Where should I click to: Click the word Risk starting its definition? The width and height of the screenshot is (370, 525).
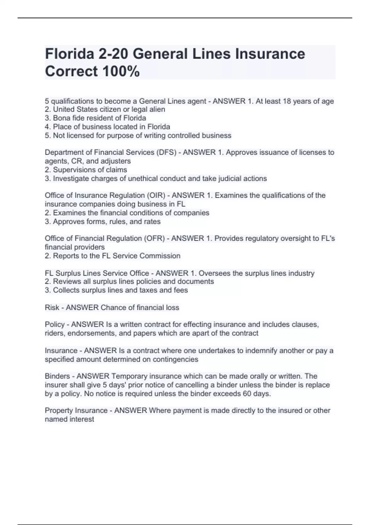[x=52, y=307]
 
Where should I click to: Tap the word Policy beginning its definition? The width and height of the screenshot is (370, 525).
[x=55, y=324]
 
